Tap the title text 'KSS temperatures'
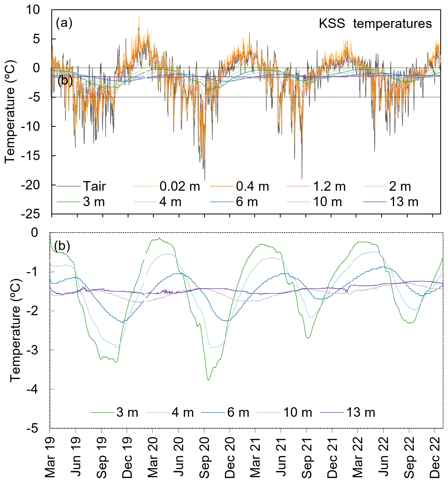375,24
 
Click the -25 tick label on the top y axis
35,214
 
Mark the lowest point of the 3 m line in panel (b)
208,380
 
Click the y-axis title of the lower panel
15,330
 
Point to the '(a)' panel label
64,23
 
